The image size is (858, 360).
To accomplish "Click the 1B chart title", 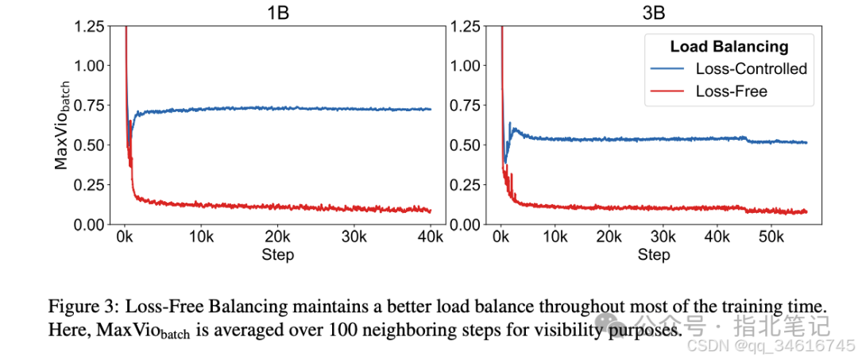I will tap(277, 13).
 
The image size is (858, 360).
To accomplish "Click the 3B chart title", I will tap(654, 13).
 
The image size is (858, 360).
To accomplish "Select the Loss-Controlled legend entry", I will tap(751, 68).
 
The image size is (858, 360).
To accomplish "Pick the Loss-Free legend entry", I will tap(731, 91).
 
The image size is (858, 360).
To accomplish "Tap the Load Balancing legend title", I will tap(729, 46).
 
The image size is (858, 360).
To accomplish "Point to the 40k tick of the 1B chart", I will tap(430, 238).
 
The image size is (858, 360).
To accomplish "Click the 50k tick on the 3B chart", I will tap(771, 238).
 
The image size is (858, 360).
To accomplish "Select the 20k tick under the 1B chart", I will tap(277, 238).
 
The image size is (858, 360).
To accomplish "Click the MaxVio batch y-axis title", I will tap(63, 126).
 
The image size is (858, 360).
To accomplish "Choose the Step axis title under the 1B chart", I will tap(277, 255).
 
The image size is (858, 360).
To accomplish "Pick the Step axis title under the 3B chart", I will tap(654, 255).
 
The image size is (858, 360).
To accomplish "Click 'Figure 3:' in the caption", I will tap(78, 307).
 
